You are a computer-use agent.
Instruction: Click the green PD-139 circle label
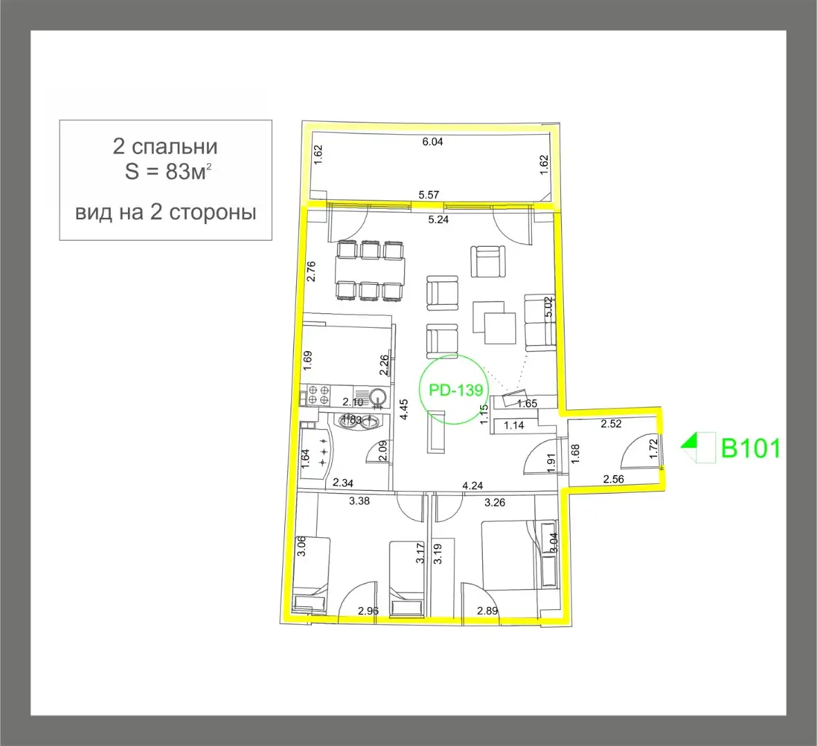pyautogui.click(x=456, y=389)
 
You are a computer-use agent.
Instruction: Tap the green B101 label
pyautogui.click(x=751, y=448)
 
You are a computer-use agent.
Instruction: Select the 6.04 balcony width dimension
pyautogui.click(x=432, y=142)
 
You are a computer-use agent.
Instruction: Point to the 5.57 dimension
pyautogui.click(x=429, y=195)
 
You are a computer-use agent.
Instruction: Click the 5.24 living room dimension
pyautogui.click(x=439, y=220)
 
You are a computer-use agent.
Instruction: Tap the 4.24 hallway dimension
pyautogui.click(x=472, y=485)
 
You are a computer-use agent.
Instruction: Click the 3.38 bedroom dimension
pyautogui.click(x=359, y=501)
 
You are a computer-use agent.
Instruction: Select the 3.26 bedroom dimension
pyautogui.click(x=495, y=503)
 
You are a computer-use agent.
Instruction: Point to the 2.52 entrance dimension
pyautogui.click(x=611, y=424)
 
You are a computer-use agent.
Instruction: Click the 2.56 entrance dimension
pyautogui.click(x=614, y=478)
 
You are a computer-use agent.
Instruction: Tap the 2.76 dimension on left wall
pyautogui.click(x=311, y=270)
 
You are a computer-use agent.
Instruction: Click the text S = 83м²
pyautogui.click(x=167, y=172)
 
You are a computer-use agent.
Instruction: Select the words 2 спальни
pyautogui.click(x=165, y=147)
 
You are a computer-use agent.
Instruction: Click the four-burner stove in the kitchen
pyautogui.click(x=318, y=394)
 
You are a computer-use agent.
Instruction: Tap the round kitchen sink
pyautogui.click(x=378, y=396)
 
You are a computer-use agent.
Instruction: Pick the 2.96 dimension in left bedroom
pyautogui.click(x=368, y=610)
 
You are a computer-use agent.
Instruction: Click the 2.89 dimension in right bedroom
pyautogui.click(x=487, y=610)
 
